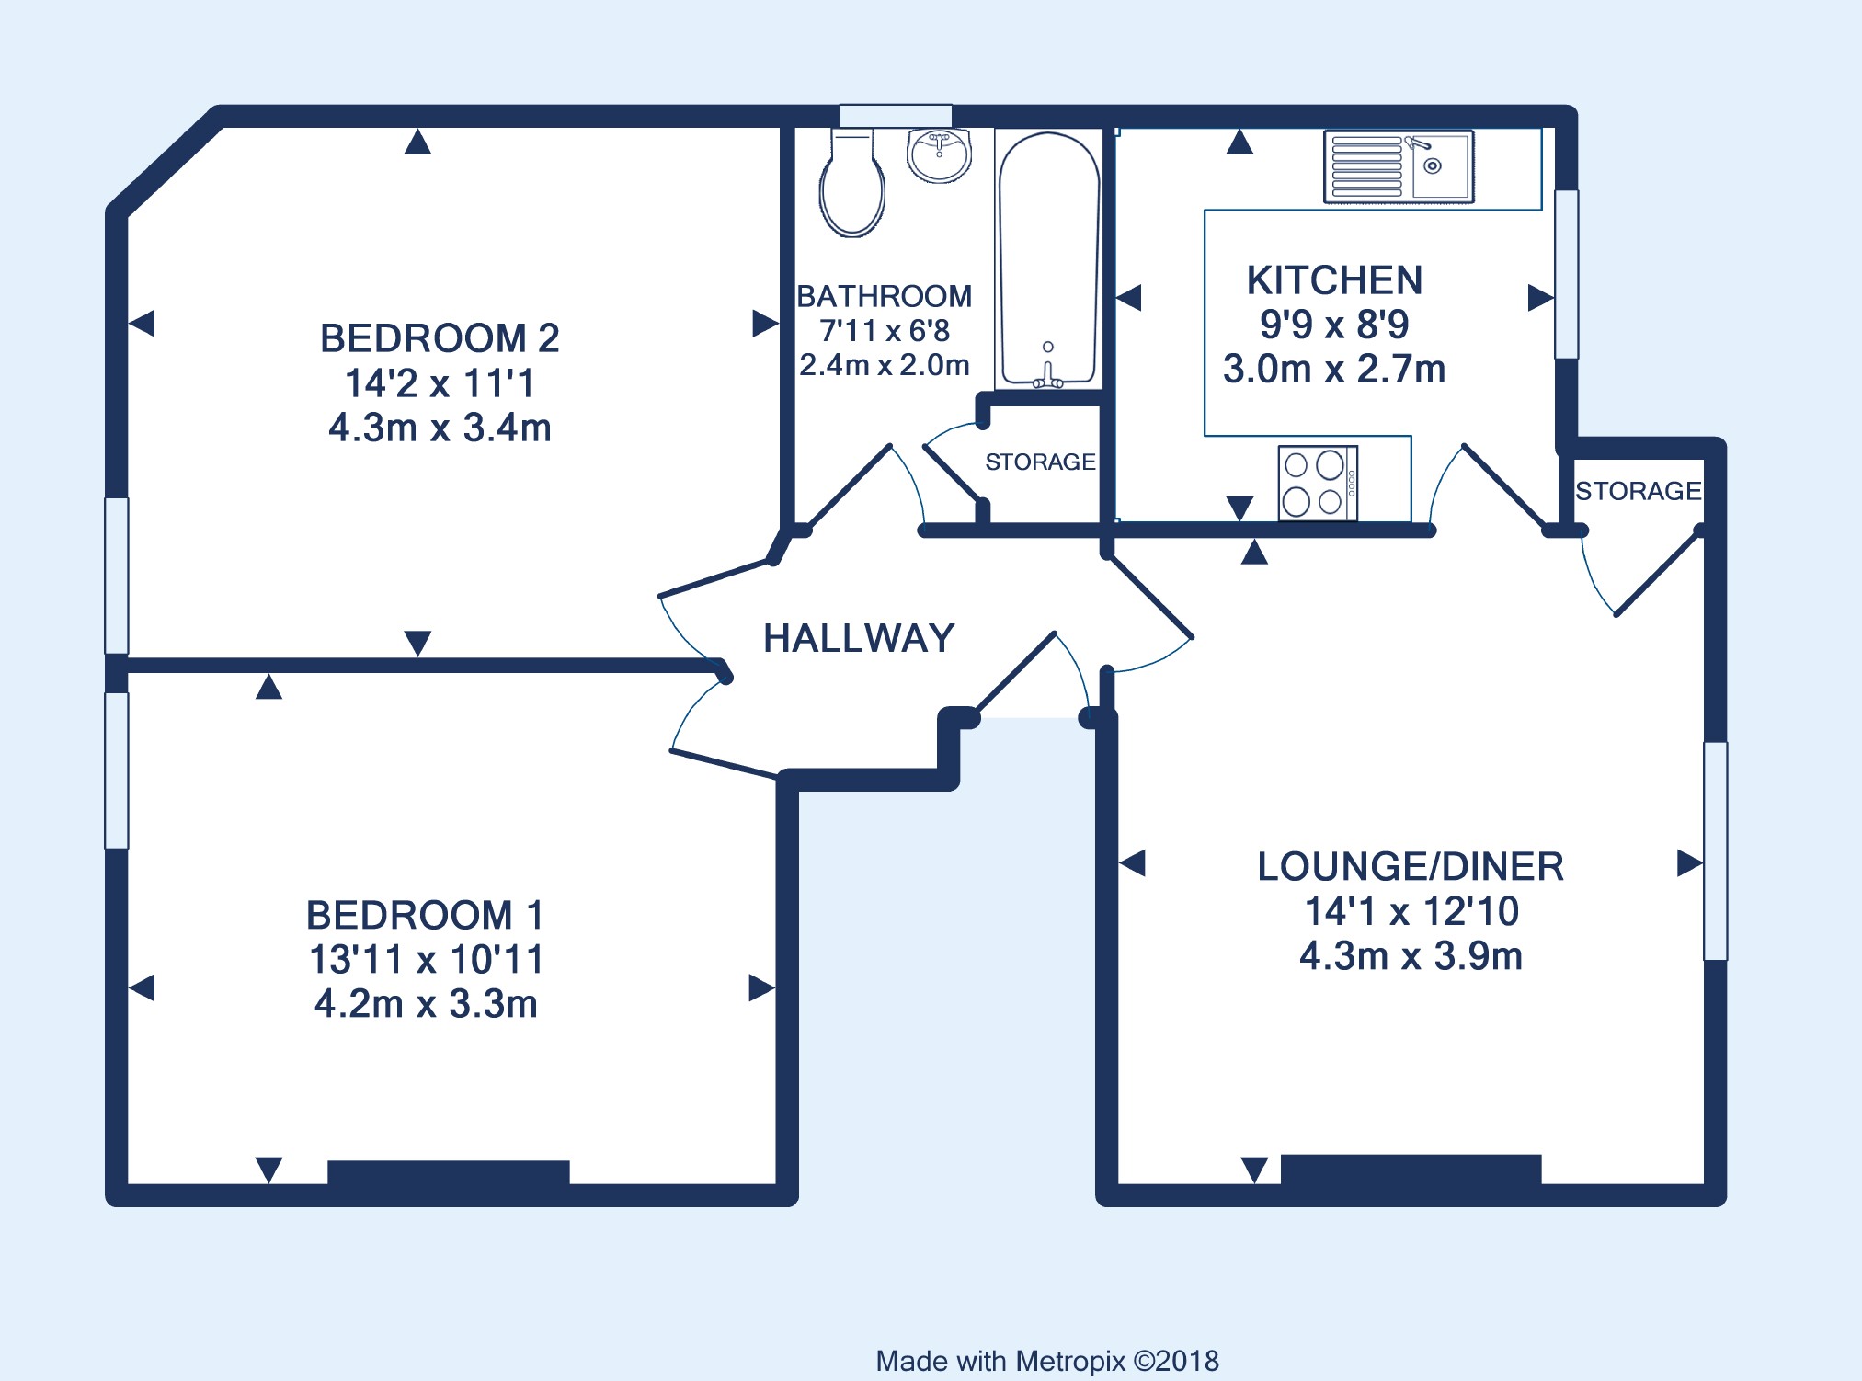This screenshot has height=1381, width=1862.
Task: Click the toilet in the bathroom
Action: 852,183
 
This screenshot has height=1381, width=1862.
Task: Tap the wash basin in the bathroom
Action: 939,154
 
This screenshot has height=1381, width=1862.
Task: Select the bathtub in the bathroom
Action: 1048,259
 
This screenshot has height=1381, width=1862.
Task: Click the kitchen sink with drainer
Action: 1399,166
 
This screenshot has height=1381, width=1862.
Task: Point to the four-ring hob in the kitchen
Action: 1318,483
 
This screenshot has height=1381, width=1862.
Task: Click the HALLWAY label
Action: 859,638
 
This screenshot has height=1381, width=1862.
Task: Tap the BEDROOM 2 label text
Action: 440,338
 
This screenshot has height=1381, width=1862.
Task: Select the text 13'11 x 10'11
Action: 426,959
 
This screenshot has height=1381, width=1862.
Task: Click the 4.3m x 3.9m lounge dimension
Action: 1411,956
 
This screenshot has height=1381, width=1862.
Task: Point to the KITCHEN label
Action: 1334,280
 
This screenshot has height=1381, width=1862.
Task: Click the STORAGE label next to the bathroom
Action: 1040,462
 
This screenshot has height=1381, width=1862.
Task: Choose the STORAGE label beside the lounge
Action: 1638,491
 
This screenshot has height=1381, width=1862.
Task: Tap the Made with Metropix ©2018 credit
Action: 1047,1361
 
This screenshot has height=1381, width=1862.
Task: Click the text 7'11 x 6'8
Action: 885,330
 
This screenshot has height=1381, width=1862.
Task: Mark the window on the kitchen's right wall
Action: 1567,274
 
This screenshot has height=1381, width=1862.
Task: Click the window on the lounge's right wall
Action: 1716,851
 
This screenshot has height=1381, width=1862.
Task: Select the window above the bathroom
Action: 896,116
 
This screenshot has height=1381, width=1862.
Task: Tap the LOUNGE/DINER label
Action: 1411,867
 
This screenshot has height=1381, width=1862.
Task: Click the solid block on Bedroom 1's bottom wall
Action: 449,1173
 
